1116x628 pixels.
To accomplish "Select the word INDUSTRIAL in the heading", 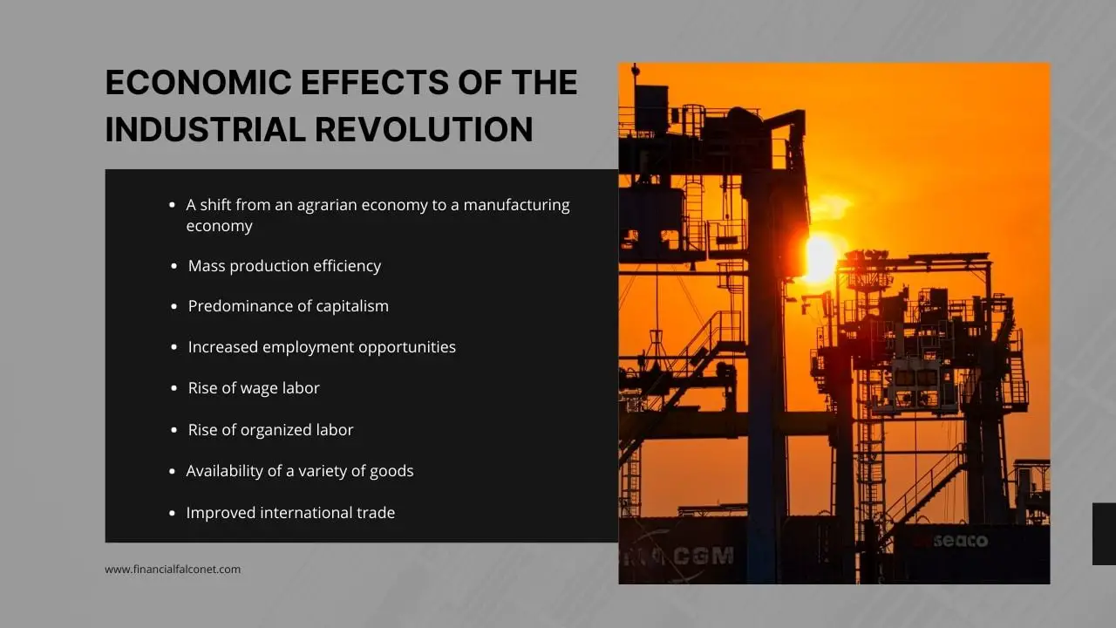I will coord(205,129).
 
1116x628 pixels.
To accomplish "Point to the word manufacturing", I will coord(516,205).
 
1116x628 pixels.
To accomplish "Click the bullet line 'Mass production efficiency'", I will coord(284,266).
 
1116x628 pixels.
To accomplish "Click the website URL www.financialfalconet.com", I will coord(173,570).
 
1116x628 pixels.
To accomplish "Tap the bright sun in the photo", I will coord(820,257).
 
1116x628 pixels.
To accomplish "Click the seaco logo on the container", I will coord(960,542).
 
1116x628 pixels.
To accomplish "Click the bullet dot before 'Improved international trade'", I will coord(174,513).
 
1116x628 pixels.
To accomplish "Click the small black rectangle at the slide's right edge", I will coord(1104,534).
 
